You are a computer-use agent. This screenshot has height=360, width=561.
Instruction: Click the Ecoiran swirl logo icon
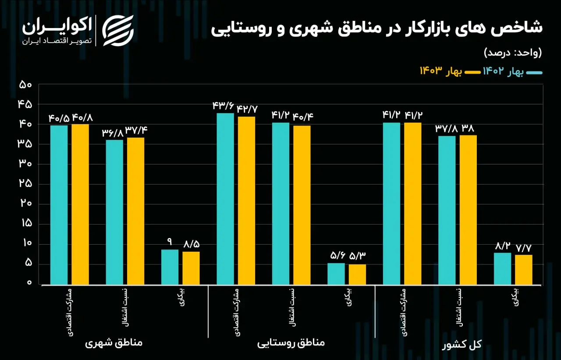pos(118,31)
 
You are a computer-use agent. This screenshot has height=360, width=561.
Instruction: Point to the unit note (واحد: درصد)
pos(513,53)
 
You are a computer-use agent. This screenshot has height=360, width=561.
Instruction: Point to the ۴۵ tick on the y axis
pos(25,104)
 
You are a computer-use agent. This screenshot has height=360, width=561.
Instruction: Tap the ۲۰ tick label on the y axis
pos(26,203)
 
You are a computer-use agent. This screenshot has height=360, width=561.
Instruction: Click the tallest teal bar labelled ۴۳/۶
pos(225,199)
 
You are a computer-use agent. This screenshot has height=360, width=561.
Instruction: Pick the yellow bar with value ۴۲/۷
pos(247,201)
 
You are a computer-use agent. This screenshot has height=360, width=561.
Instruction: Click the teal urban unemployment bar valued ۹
pos(170,267)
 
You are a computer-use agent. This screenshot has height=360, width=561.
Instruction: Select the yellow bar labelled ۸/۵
pos(191,268)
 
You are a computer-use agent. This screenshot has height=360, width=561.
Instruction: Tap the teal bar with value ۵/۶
pos(336,274)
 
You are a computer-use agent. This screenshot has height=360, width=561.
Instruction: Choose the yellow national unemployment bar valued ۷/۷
pos(524,270)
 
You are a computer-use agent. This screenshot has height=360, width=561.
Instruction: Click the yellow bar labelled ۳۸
pos(468,210)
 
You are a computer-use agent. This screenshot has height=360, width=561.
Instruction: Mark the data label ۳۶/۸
pos(113,133)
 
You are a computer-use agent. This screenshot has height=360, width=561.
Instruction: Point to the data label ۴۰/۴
pos(303,117)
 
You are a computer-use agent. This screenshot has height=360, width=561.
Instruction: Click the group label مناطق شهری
pos(114,342)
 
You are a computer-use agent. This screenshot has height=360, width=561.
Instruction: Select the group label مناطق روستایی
pos(291,342)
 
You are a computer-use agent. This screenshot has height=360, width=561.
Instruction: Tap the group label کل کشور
pos(462,344)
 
